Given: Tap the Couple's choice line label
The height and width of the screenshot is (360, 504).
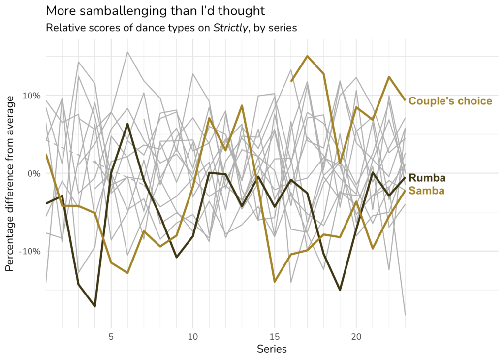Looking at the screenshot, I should (450, 101).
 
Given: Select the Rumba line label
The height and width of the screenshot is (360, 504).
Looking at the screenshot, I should (427, 178).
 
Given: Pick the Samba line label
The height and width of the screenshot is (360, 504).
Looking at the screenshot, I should (427, 191).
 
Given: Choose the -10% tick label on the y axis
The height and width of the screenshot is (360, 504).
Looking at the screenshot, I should (31, 251).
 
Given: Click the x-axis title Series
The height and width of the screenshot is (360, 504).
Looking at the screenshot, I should (272, 349).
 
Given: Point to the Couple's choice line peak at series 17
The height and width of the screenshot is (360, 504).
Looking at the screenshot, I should (308, 56).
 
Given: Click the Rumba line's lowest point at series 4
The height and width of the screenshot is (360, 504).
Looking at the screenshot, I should (94, 306).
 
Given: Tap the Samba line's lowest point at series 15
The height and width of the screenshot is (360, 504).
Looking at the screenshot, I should (274, 282).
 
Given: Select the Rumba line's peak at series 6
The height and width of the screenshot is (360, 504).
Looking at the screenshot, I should (127, 124).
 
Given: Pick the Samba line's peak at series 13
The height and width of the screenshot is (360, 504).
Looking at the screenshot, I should (242, 105).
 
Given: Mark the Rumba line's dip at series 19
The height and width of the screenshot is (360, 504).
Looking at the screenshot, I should (340, 290).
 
